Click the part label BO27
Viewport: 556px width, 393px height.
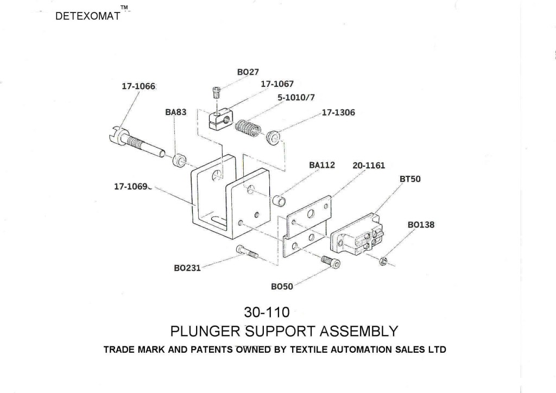point(248,72)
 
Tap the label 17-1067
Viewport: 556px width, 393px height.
point(277,84)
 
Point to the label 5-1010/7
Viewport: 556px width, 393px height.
point(296,97)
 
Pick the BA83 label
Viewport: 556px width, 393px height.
point(176,112)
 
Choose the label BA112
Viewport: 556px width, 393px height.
point(322,165)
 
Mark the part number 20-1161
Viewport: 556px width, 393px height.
point(369,166)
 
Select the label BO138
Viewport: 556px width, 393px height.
point(421,224)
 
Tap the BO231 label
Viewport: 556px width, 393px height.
point(187,268)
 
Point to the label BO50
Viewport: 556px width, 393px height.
point(281,286)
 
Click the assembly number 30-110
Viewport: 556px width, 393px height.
point(267,313)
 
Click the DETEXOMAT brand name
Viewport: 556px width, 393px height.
point(87,16)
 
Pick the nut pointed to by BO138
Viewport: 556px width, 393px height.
point(383,261)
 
